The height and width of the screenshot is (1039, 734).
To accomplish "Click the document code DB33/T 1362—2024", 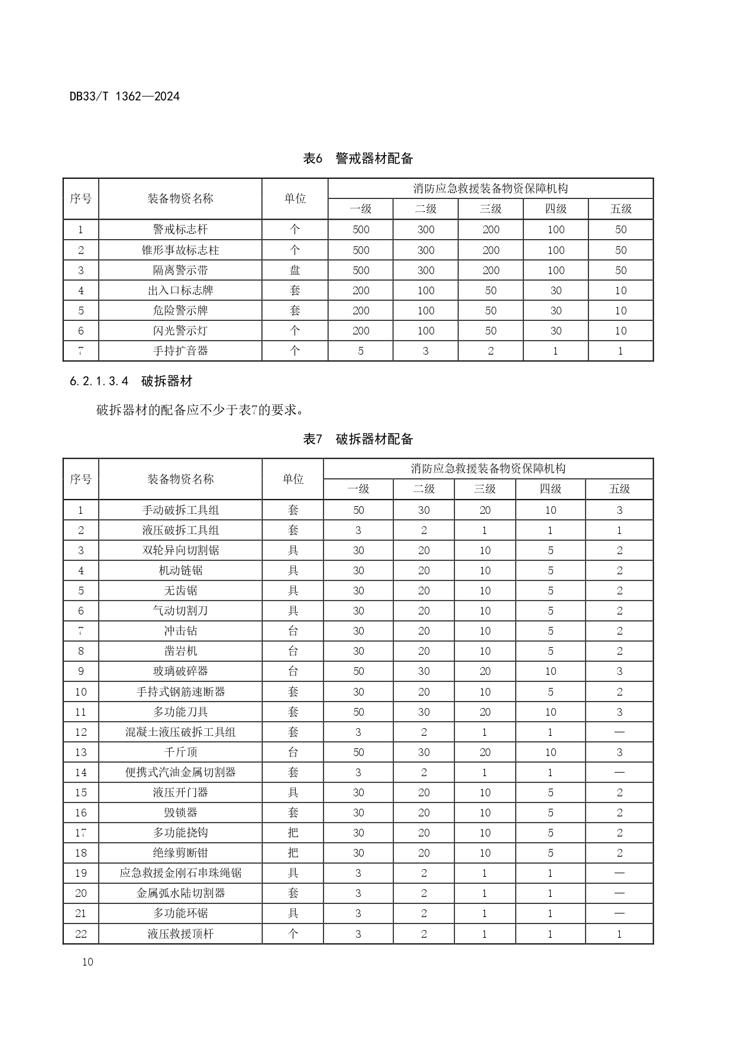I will [x=124, y=96].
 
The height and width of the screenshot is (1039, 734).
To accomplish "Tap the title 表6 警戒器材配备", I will [x=358, y=158].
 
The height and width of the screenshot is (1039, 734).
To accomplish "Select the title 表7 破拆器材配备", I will [x=358, y=439].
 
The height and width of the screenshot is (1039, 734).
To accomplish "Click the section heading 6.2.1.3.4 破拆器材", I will [x=131, y=381].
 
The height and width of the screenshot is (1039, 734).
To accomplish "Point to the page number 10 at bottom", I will [x=88, y=961].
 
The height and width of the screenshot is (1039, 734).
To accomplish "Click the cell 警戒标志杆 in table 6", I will [x=180, y=230].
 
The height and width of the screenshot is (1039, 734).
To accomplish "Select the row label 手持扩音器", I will [x=180, y=350].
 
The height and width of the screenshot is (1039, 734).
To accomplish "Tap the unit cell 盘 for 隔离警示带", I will [x=295, y=270].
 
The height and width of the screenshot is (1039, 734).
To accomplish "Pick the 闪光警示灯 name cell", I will [x=180, y=330].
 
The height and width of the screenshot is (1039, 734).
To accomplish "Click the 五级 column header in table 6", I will [x=620, y=208].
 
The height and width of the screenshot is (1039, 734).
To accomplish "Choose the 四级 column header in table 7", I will [x=550, y=489].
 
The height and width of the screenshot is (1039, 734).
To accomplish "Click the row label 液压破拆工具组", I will [x=180, y=530].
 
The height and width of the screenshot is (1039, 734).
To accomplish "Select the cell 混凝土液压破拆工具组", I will [x=180, y=732].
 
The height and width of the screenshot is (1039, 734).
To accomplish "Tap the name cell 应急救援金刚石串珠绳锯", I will [x=180, y=873].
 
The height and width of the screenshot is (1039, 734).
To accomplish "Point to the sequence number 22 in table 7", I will [x=81, y=934].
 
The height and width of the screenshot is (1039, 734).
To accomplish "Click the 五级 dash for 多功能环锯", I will [x=619, y=913].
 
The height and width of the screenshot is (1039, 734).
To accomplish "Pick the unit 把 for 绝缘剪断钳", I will [x=293, y=853].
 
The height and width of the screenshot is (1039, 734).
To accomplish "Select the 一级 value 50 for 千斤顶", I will [x=358, y=752].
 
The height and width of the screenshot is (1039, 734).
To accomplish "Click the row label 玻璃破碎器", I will [x=180, y=671].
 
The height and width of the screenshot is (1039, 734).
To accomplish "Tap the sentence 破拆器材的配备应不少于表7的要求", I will [x=200, y=409].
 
